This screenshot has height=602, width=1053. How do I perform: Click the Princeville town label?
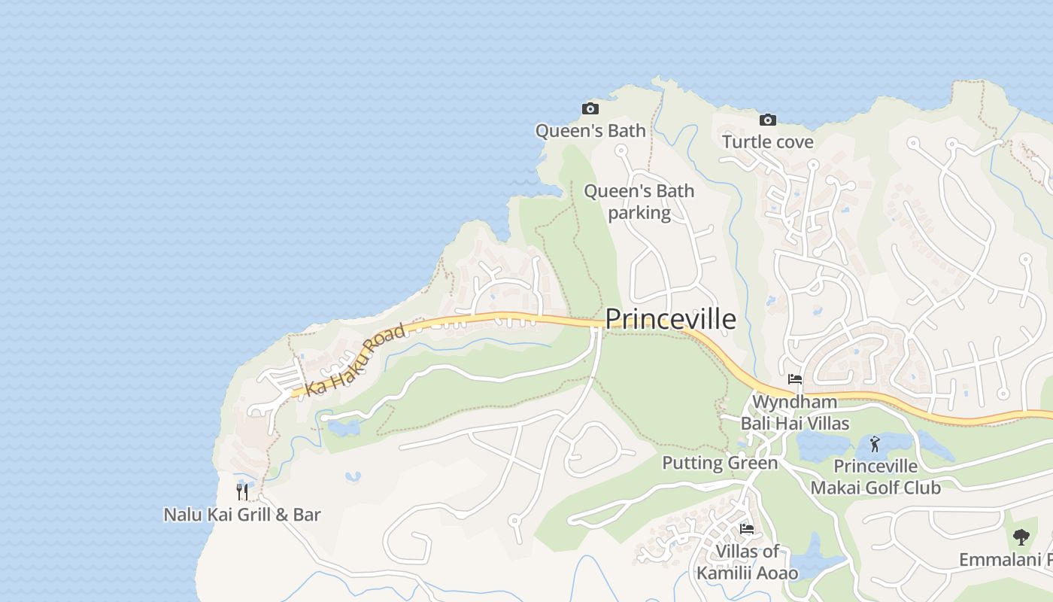pyautogui.click(x=670, y=319)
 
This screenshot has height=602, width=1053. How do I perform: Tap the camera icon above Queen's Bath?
pyautogui.click(x=590, y=109)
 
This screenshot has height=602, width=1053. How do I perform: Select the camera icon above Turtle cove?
pyautogui.click(x=767, y=120)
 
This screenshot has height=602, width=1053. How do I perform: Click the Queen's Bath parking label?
pyautogui.click(x=639, y=202)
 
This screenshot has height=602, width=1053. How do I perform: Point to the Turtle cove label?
pyautogui.click(x=767, y=141)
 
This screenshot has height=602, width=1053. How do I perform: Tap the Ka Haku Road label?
pyautogui.click(x=355, y=360)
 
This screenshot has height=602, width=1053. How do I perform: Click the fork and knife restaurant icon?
pyautogui.click(x=242, y=492)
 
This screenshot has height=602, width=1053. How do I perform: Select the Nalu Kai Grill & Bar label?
pyautogui.click(x=242, y=515)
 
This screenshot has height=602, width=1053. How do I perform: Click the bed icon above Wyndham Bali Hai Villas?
pyautogui.click(x=795, y=379)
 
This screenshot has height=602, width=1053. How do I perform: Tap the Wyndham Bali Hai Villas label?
pyautogui.click(x=795, y=412)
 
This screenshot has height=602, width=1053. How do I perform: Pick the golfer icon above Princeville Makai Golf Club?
pyautogui.click(x=874, y=444)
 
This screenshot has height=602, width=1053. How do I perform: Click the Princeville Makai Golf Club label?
pyautogui.click(x=875, y=477)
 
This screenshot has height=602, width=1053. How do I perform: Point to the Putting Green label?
pyautogui.click(x=719, y=463)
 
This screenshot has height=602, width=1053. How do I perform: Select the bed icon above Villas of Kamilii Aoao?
pyautogui.click(x=747, y=529)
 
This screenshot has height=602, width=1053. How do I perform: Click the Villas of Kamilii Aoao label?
pyautogui.click(x=747, y=562)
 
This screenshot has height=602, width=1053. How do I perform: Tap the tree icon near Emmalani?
pyautogui.click(x=1021, y=537)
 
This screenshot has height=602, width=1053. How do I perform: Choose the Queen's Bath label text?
pyautogui.click(x=590, y=131)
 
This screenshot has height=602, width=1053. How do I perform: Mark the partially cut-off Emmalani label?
pyautogui.click(x=1005, y=560)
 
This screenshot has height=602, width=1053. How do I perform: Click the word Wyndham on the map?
pyautogui.click(x=794, y=402)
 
